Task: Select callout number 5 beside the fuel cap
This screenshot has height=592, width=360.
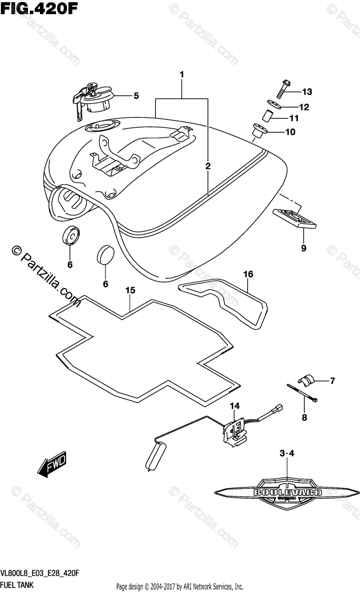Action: [x=122, y=96]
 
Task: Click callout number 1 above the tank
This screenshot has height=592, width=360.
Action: [x=181, y=75]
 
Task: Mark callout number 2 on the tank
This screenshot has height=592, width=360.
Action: [x=208, y=166]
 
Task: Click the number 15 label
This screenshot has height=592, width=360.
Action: [x=130, y=291]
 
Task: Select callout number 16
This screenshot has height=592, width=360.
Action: [x=248, y=274]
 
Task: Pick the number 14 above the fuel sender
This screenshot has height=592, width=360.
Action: [x=234, y=406]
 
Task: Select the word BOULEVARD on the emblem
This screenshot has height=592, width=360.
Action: [x=288, y=492]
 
